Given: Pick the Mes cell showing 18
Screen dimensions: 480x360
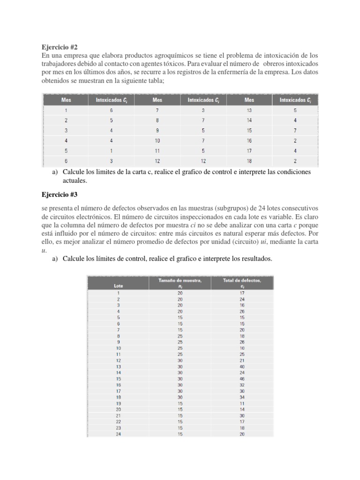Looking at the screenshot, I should pyautogui.click(x=248, y=161).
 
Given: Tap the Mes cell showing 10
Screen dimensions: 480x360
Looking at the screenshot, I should pyautogui.click(x=157, y=140).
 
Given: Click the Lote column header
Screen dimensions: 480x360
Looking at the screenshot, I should pyautogui.click(x=119, y=285).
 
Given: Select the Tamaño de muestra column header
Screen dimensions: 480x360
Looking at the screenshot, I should pyautogui.click(x=180, y=283).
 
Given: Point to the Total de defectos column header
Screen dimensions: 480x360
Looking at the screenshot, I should pyautogui.click(x=242, y=283).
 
